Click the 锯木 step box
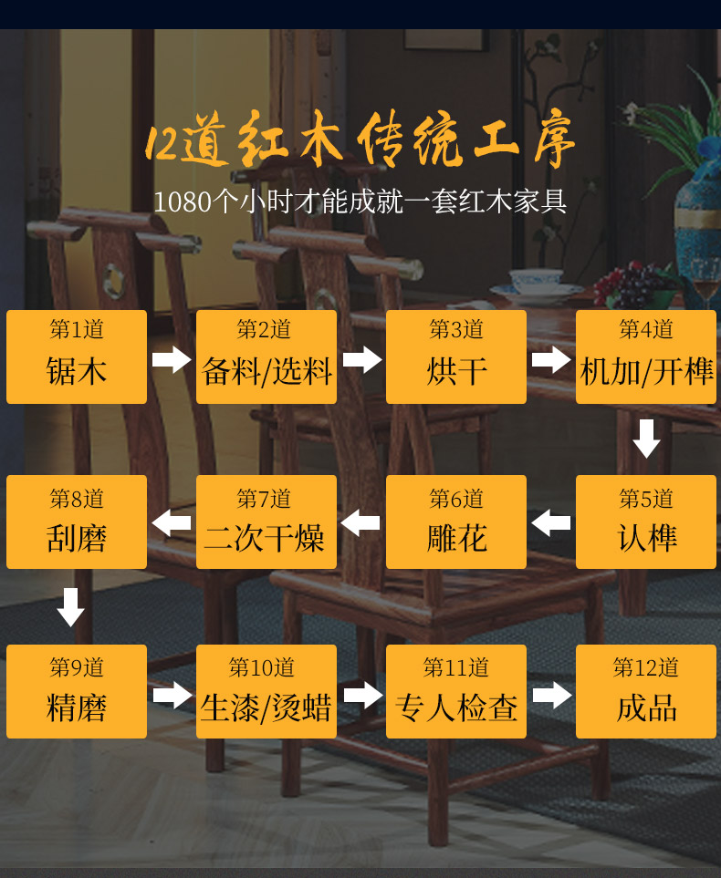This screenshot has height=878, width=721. pos(77,356)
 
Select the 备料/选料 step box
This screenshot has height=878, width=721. pos(266,356)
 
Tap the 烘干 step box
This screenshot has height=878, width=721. pos(456,356)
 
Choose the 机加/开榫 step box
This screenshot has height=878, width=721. pos(646,356)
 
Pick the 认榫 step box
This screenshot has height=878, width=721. pos(646,522)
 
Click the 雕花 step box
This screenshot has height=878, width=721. pos(456,522)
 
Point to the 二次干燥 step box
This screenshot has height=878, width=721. pos(266,522)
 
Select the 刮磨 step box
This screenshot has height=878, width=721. pos(77,522)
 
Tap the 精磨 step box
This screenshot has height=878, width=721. pos(77,691)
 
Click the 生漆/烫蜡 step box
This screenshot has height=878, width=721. pos(266,691)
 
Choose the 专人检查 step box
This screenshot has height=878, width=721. pos(456,691)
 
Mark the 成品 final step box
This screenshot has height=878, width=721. pos(646,691)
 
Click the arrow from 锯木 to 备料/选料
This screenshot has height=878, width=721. pos(172,359)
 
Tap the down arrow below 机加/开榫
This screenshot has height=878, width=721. pos(646,439)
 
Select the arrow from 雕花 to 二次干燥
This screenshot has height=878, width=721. pos(360,523)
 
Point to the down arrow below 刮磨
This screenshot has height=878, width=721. pos(70,606)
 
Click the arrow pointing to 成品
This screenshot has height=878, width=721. pos(551,696)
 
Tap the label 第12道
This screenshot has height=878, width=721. pos(646,668)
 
